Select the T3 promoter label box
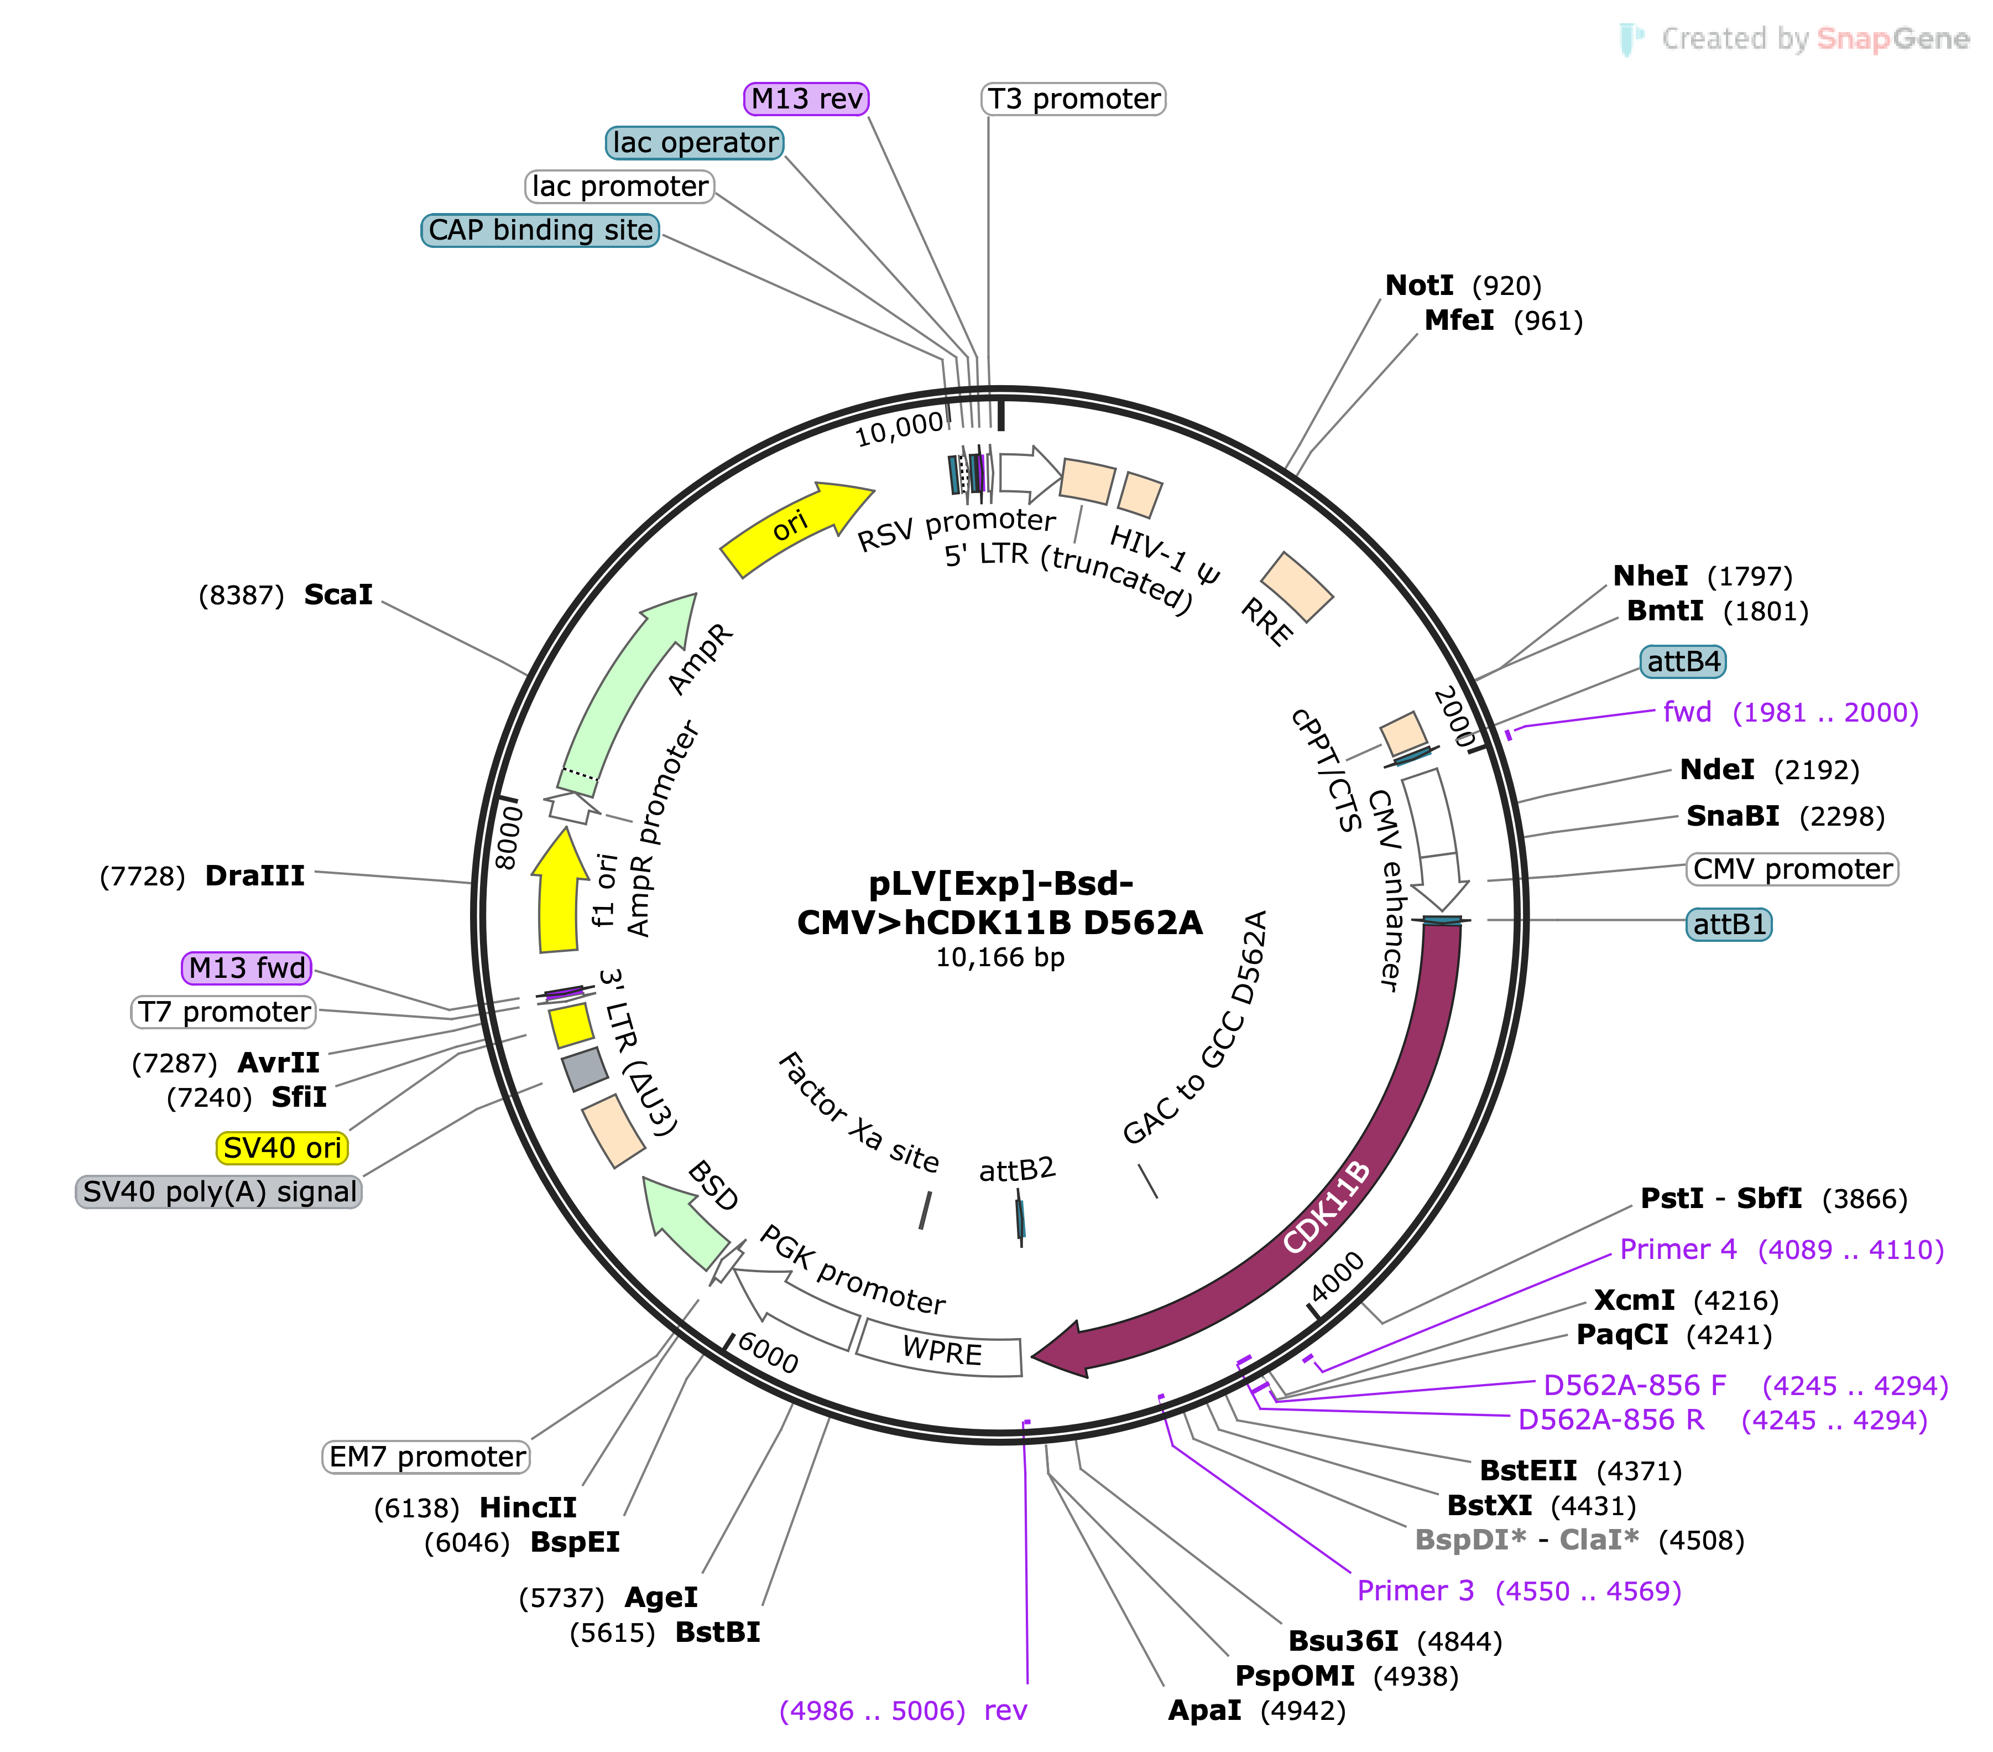coord(1073,99)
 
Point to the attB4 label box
coord(1683,661)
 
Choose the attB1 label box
coord(1729,924)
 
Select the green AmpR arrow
coord(624,693)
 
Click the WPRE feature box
coord(941,1350)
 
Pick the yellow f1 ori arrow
coord(559,890)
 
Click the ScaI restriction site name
coord(338,594)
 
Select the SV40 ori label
coord(282,1147)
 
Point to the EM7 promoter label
coord(426,1456)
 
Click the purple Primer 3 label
coord(1519,1591)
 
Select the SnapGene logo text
coord(1892,39)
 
